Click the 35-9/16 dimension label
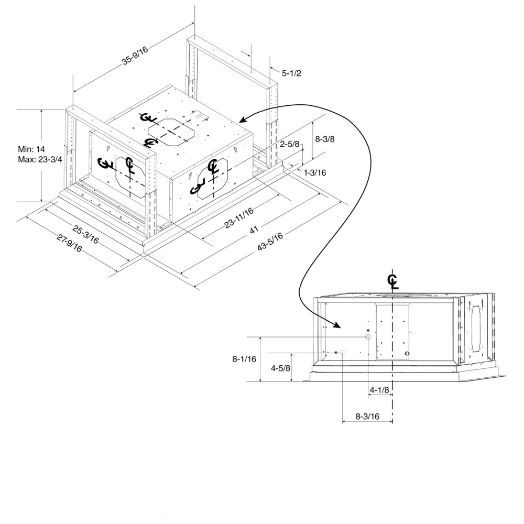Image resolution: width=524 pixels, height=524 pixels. (135, 56)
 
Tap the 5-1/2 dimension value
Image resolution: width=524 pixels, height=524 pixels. (291, 73)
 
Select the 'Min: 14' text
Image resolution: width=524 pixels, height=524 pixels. (31, 149)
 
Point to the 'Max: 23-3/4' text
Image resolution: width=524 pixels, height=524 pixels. (40, 159)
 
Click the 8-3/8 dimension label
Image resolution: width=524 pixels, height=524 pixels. (325, 139)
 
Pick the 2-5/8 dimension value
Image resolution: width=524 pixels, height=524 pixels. (290, 144)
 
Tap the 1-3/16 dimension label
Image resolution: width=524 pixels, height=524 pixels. (315, 172)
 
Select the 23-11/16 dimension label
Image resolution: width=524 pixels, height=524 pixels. (239, 217)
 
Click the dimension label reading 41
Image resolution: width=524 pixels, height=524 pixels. (254, 230)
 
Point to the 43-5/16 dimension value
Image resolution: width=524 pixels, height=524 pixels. (270, 241)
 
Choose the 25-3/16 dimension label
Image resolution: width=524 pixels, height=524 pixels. (85, 235)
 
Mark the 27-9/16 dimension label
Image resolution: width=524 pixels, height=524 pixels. (69, 243)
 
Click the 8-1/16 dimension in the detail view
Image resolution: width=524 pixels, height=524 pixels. (244, 359)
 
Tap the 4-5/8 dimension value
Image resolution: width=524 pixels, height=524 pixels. (280, 368)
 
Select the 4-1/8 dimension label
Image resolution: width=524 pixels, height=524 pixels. (379, 390)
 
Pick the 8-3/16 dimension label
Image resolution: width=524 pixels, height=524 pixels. (367, 417)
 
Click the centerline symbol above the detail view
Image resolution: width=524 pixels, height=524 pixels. (392, 281)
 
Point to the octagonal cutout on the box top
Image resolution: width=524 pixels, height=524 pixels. (171, 131)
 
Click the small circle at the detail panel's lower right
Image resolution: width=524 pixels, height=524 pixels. (407, 354)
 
